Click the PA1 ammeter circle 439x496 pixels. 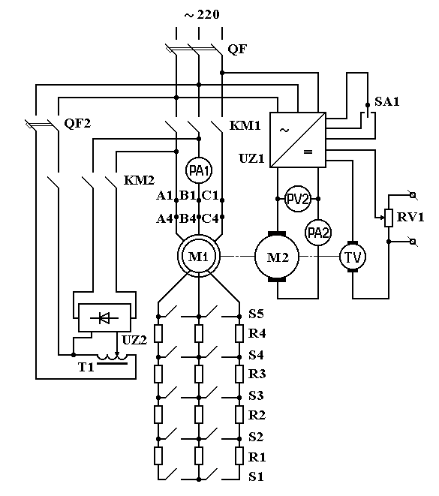[x=199, y=171]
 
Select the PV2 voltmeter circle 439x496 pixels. [x=298, y=199]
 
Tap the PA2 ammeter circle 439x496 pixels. [x=318, y=233]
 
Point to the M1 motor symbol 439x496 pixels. [x=199, y=256]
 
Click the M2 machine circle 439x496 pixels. [x=277, y=257]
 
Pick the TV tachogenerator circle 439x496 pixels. [x=353, y=257]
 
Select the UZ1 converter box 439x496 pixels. [x=298, y=140]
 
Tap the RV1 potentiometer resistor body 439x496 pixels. [x=389, y=218]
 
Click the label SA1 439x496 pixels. [x=386, y=101]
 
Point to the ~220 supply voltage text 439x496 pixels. [x=202, y=14]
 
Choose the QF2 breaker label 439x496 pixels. [x=77, y=123]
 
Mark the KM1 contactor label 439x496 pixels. [x=245, y=125]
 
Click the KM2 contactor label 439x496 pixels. [x=139, y=180]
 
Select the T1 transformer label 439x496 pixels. [x=86, y=367]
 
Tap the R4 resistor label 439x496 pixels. [x=257, y=333]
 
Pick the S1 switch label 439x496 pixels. [x=256, y=476]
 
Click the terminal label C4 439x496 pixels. [x=210, y=218]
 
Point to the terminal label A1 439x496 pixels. [x=164, y=196]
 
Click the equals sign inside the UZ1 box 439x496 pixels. [x=308, y=152]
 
